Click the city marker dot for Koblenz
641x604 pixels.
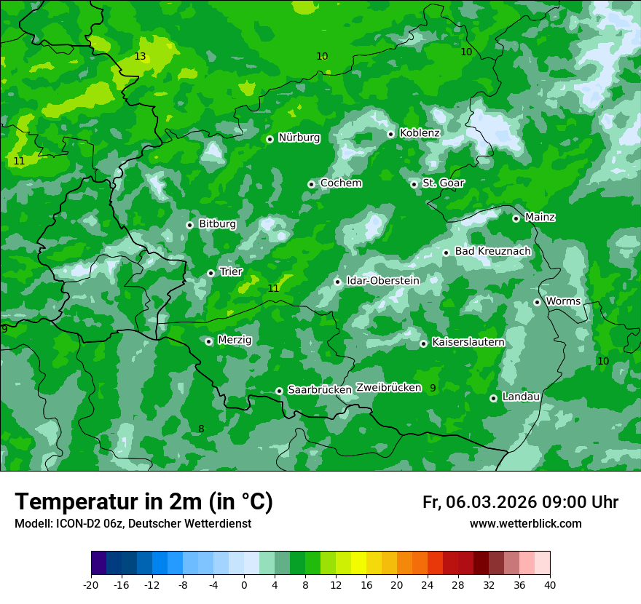pos(391,134)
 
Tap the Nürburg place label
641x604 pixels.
pos(299,138)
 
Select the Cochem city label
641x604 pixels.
pos(340,183)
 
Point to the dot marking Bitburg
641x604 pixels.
pos(190,225)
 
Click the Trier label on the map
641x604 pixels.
pos(231,272)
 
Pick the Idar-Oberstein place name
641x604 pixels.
pos(383,281)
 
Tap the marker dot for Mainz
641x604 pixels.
pos(516,218)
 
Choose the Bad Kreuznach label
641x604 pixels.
pos(492,251)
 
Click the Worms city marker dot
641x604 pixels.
pos(538,302)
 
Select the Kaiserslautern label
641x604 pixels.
pos(468,342)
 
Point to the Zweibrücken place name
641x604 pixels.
pos(388,388)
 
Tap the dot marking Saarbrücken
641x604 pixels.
pos(280,391)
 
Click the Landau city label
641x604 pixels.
pos(521,397)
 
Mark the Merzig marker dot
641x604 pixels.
pos(209,341)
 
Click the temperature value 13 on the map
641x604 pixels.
pos(141,57)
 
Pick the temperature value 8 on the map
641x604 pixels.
pos(201,429)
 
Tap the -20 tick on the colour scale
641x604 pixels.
pos(91,584)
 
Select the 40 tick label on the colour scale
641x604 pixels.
pos(550,584)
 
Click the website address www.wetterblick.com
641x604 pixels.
pos(525,524)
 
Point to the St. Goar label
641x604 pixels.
pos(443,183)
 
